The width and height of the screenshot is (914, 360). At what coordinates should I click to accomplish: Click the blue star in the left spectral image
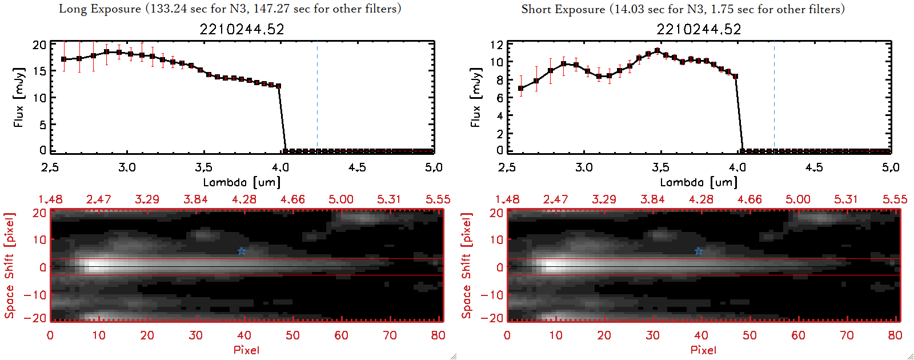[x=242, y=251]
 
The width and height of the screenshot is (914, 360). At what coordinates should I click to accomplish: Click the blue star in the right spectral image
[x=699, y=251]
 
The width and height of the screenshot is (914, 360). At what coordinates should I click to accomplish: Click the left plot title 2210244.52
[x=242, y=29]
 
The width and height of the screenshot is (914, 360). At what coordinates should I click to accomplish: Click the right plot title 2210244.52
[x=699, y=29]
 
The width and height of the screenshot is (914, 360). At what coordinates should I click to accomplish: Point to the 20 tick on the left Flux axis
[x=39, y=45]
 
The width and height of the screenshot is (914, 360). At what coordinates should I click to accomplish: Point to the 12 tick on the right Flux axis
[x=496, y=45]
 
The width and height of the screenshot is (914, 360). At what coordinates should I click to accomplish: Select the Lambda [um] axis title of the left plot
[x=242, y=182]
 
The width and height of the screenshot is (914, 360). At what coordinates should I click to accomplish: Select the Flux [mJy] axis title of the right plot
[x=475, y=97]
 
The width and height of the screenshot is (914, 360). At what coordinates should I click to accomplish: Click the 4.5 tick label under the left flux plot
[x=357, y=167]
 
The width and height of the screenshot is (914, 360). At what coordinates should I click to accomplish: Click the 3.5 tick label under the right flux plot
[x=660, y=167]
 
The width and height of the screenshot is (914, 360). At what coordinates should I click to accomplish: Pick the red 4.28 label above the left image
[x=244, y=199]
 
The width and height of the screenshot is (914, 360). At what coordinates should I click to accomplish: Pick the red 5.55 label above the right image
[x=895, y=199]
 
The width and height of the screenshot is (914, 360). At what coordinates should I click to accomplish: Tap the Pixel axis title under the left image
[x=246, y=350]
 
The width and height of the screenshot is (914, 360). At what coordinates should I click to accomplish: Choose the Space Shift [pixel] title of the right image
[x=466, y=266]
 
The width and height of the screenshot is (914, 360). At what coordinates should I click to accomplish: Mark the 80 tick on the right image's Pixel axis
[x=895, y=335]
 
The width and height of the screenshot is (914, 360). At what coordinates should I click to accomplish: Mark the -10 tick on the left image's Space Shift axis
[x=35, y=295]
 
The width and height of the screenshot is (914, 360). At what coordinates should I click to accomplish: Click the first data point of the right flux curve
[x=520, y=89]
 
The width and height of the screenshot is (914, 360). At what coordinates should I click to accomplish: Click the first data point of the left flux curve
[x=63, y=59]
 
